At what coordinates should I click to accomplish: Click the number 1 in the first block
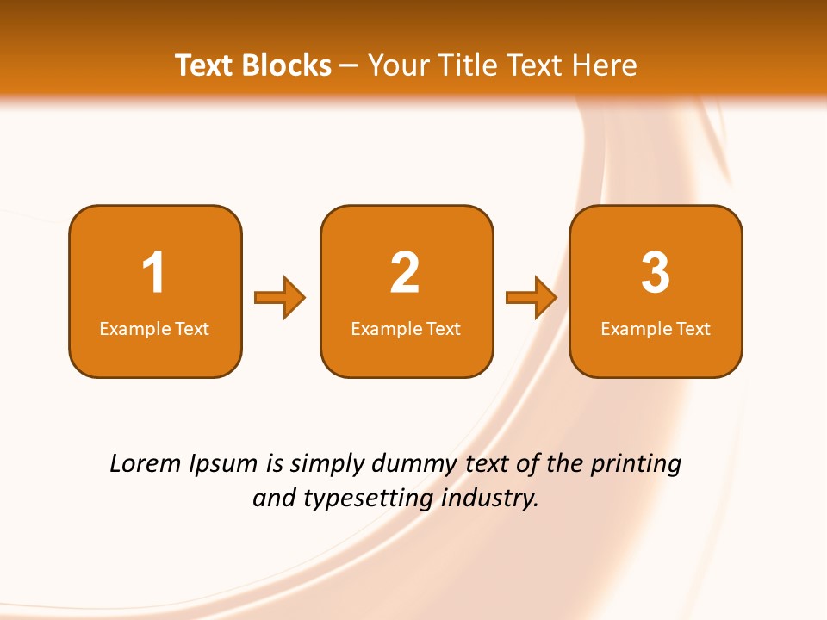153,273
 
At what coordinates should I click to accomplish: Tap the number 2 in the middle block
405,273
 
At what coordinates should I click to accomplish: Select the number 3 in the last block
656,273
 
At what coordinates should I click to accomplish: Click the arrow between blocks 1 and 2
280,298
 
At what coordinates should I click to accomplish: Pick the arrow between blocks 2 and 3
532,298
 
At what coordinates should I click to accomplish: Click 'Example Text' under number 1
154,329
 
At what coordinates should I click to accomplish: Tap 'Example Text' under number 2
406,329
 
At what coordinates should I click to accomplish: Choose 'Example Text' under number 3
656,329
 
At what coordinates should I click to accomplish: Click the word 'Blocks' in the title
285,65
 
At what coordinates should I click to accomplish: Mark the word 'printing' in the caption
635,465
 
